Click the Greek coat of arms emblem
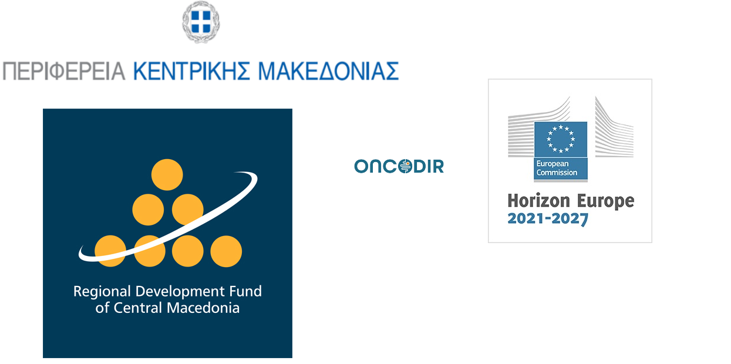(x=201, y=22)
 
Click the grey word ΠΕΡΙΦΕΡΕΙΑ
(x=64, y=71)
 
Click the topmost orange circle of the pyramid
(x=167, y=174)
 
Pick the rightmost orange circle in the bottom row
(x=226, y=251)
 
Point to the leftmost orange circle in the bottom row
(x=110, y=251)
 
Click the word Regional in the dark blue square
(x=102, y=292)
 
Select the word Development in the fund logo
(x=181, y=292)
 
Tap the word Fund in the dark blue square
(x=246, y=291)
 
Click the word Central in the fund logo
(x=140, y=308)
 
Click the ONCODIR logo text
(x=399, y=167)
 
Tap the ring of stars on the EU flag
(x=560, y=139)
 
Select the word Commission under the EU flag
(x=557, y=173)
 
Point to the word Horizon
(x=538, y=201)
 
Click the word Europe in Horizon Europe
(x=606, y=201)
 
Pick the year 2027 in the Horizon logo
(x=570, y=219)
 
